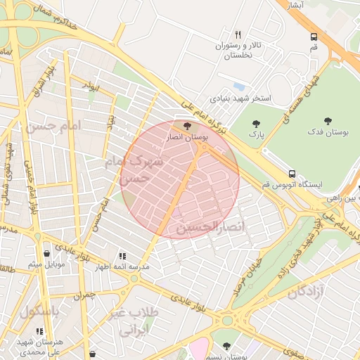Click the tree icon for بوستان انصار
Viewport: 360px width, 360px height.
pyautogui.click(x=186, y=126)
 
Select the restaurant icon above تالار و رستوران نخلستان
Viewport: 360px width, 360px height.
pyautogui.click(x=238, y=34)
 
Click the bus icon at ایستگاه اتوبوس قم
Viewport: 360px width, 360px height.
pyautogui.click(x=291, y=174)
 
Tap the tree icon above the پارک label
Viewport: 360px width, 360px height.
pyautogui.click(x=255, y=124)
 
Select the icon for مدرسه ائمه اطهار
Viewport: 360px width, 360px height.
pyautogui.click(x=122, y=257)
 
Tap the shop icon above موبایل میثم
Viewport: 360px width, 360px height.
pyautogui.click(x=46, y=253)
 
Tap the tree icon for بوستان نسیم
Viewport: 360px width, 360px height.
pyautogui.click(x=226, y=346)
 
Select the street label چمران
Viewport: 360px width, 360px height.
pyautogui.click(x=83, y=296)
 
